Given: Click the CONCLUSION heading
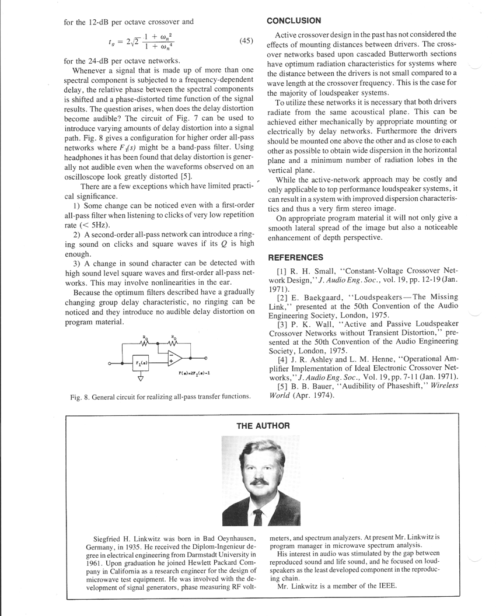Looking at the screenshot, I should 294,20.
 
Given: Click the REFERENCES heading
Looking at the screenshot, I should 295,257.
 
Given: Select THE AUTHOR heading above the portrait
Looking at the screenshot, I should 263,426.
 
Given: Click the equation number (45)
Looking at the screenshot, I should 246,41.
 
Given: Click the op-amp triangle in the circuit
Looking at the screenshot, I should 174,358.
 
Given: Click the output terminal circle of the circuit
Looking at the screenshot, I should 205,358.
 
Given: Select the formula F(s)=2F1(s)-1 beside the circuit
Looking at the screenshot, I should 195,373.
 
